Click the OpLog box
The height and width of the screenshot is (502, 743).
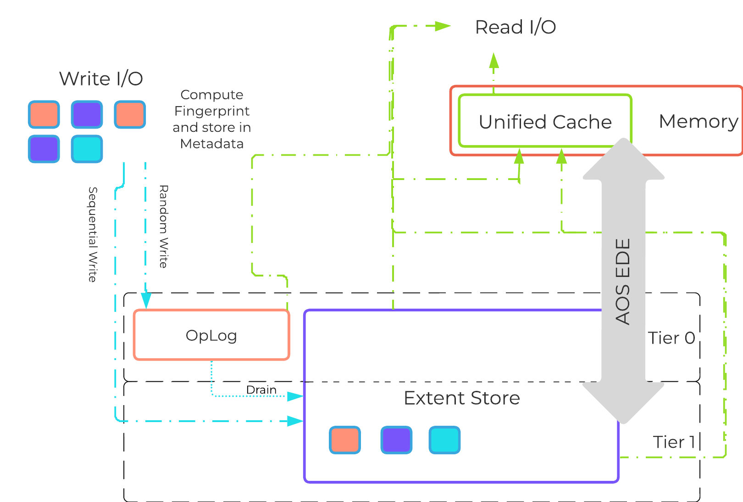[211, 335]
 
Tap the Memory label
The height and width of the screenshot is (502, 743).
[698, 121]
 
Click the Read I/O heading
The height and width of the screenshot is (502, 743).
[515, 27]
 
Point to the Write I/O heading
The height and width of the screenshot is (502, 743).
[101, 79]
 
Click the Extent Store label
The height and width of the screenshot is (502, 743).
[461, 398]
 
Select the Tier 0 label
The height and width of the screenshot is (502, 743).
[671, 338]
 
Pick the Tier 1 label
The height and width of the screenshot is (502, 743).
[673, 442]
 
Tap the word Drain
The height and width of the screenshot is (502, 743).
[261, 389]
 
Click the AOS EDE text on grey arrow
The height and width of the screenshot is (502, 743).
[623, 281]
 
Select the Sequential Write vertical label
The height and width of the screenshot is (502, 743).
[93, 234]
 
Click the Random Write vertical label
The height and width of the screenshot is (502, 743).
[163, 226]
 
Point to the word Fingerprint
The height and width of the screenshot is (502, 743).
[211, 111]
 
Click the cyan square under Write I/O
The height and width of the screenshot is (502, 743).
[87, 149]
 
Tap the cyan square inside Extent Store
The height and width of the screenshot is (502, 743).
[444, 440]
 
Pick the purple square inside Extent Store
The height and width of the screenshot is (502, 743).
[396, 440]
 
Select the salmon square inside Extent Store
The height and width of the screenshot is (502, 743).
[345, 440]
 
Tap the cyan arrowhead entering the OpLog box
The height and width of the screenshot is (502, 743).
[146, 301]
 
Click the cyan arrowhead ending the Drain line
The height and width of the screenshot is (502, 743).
[295, 396]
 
